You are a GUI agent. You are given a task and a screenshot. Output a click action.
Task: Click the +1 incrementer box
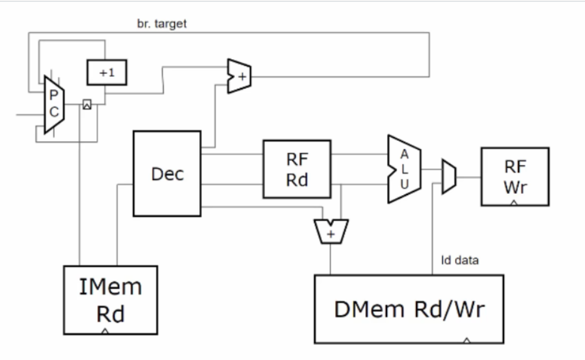click(106, 72)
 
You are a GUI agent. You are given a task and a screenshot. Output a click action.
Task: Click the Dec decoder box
click(167, 174)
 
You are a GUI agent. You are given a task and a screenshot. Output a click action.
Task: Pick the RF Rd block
click(296, 169)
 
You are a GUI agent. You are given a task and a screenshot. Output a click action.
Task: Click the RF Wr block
click(514, 177)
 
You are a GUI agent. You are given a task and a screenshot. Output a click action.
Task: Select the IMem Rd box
click(110, 300)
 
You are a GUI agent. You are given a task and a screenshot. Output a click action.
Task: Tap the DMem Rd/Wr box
click(409, 309)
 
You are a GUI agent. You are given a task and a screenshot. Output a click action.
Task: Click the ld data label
click(459, 261)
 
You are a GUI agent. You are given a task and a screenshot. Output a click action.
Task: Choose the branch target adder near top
click(239, 76)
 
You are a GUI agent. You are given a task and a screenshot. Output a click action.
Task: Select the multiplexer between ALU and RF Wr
click(449, 177)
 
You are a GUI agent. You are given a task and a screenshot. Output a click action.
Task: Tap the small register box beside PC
click(86, 104)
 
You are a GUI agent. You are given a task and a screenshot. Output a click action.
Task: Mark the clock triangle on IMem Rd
click(105, 331)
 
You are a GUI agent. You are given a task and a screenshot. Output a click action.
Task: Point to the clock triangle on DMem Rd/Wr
click(465, 340)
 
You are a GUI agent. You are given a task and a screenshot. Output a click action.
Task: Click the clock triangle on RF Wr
click(514, 203)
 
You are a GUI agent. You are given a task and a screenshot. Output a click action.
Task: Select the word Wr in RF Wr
click(514, 187)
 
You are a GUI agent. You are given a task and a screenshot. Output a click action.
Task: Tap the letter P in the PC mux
click(54, 96)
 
